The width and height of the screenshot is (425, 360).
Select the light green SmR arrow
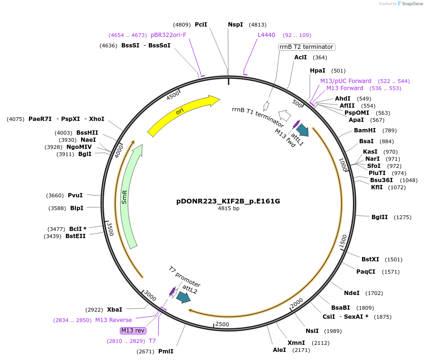pyautogui.click(x=129, y=194)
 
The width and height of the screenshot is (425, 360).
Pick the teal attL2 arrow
pyautogui.click(x=183, y=297)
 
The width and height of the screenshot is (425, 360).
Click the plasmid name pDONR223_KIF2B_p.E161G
pyautogui.click(x=228, y=201)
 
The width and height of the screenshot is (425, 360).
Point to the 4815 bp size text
pyautogui.click(x=228, y=208)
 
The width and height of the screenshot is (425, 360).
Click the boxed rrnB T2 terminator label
pyautogui.click(x=306, y=47)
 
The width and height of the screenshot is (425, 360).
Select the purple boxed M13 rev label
pyautogui.click(x=133, y=331)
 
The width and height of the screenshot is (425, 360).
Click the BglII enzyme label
pyautogui.click(x=380, y=217)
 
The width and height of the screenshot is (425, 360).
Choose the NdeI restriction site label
pyautogui.click(x=352, y=293)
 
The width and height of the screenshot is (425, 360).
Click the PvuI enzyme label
pyautogui.click(x=75, y=195)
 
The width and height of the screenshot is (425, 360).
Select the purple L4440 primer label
pyautogui.click(x=266, y=35)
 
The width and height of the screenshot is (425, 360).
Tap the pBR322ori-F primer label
pyautogui.click(x=168, y=35)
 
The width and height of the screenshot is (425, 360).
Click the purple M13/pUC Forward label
pyautogui.click(x=346, y=81)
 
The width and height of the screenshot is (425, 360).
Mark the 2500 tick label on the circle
pyautogui.click(x=222, y=324)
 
